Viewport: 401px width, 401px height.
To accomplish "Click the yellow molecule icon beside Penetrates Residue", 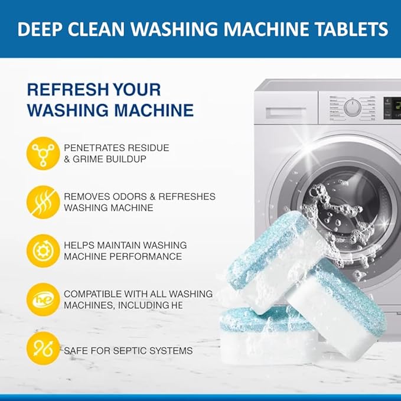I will tap(43, 152).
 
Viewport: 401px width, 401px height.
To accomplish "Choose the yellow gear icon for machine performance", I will tap(43, 250).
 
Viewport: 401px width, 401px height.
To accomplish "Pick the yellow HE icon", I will tap(43, 299).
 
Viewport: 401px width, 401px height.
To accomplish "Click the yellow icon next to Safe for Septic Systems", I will tap(43, 349).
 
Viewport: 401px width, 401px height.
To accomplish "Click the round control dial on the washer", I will tap(353, 108).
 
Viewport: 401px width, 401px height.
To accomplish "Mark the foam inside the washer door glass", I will tap(331, 207).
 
